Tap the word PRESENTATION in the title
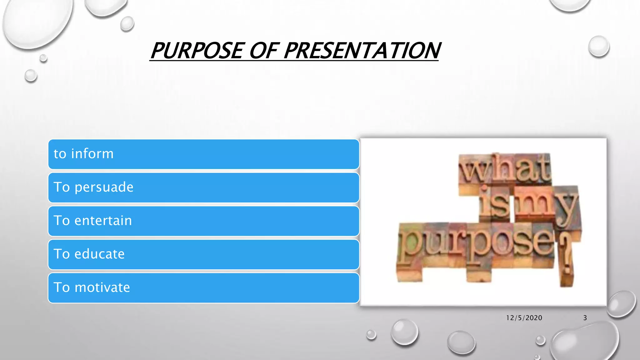(362, 51)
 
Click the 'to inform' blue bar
(203, 154)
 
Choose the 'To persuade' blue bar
(203, 187)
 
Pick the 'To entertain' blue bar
(203, 221)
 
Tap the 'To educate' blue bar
(203, 254)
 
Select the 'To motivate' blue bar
(203, 288)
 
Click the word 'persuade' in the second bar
(104, 187)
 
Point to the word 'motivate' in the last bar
(102, 287)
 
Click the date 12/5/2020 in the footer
(524, 318)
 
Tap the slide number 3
(585, 318)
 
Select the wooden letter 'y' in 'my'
(566, 208)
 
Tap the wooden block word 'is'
(495, 205)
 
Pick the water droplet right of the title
(598, 46)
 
